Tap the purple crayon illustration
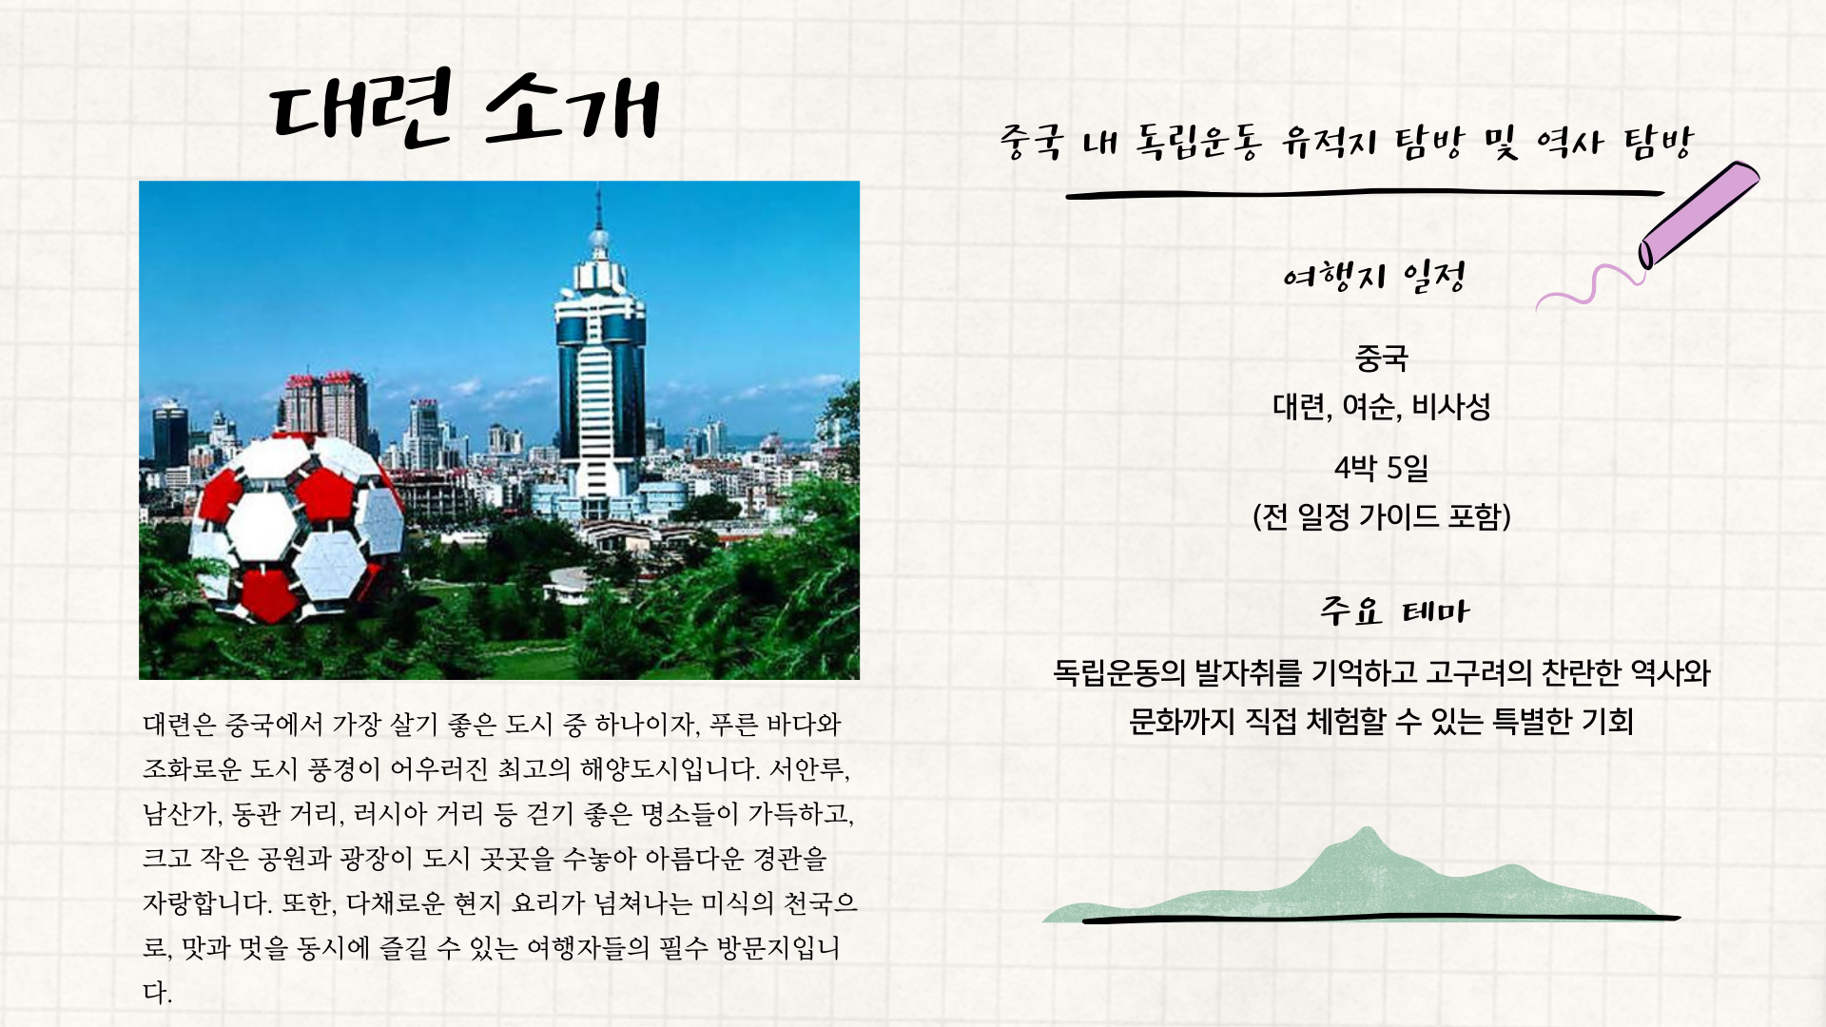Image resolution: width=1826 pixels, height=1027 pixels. tap(1699, 215)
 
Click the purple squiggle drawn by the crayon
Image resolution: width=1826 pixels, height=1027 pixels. tap(1589, 286)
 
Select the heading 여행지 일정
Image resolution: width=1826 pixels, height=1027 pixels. tap(1373, 278)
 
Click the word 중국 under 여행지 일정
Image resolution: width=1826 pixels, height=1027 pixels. tap(1381, 358)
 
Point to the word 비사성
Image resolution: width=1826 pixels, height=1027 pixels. tap(1450, 407)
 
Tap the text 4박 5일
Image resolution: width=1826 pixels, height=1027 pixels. tap(1381, 468)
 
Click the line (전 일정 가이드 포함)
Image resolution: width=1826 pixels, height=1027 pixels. tap(1381, 516)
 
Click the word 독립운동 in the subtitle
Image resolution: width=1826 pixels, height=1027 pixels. tap(1197, 143)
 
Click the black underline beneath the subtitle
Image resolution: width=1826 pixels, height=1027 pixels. tap(1365, 195)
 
